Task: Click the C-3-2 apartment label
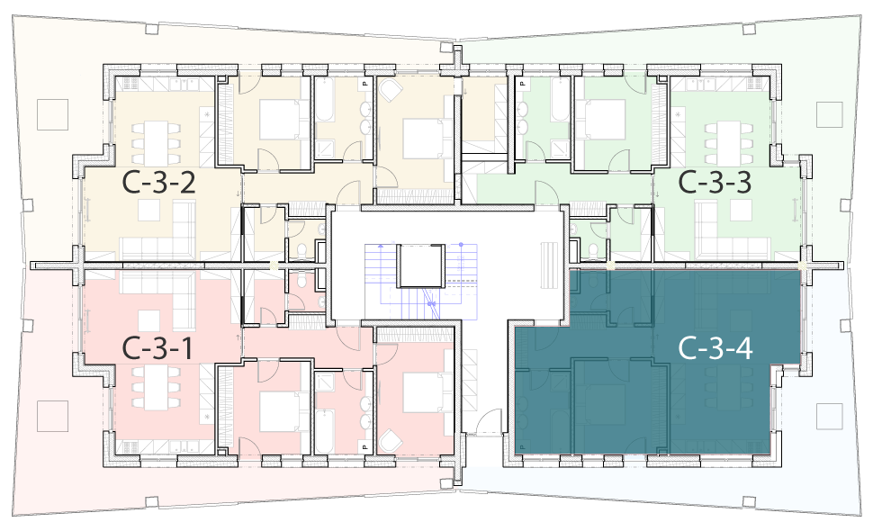158,183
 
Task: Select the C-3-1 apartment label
157,348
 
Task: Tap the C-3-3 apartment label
715,183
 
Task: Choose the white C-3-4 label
715,348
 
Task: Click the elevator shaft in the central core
420,265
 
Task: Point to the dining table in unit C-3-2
157,143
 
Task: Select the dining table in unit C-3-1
157,387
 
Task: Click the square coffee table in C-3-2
149,210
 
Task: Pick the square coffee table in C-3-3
741,210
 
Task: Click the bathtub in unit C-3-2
324,100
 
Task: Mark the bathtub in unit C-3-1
324,431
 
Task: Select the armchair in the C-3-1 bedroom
391,442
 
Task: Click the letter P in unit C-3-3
522,84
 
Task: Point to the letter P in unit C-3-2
365,84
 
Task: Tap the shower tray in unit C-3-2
325,149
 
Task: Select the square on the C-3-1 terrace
53,416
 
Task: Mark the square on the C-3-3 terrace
830,114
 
